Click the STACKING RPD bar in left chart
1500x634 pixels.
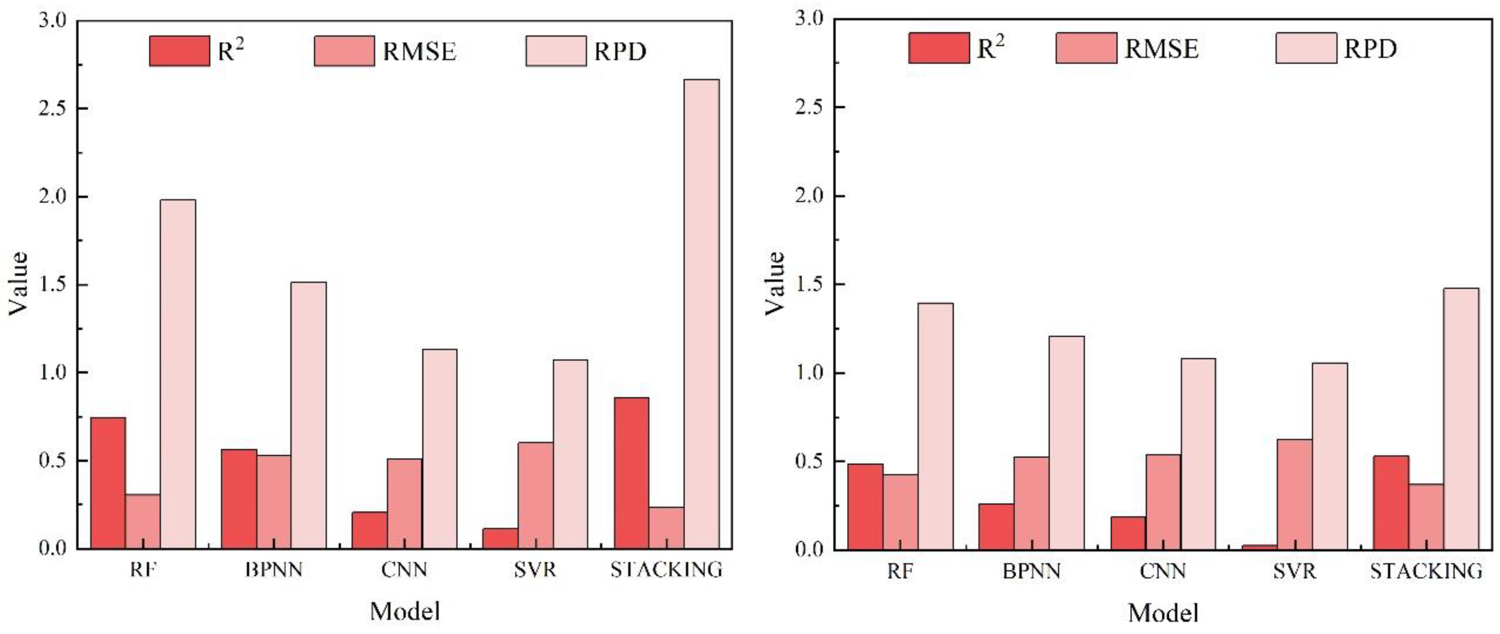[701, 315]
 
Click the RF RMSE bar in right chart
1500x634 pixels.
[900, 512]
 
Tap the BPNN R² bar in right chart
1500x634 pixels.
[996, 526]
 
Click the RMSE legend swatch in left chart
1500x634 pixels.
[344, 51]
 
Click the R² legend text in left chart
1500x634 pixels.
[230, 51]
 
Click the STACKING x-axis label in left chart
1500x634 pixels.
[666, 569]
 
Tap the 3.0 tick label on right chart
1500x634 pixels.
[810, 19]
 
